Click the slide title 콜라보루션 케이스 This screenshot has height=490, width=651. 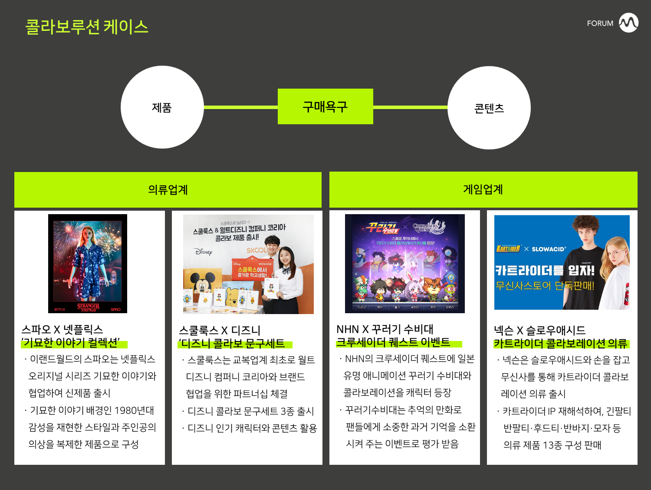(x=87, y=27)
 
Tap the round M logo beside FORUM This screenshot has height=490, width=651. (x=628, y=23)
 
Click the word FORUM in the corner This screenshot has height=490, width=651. (x=600, y=23)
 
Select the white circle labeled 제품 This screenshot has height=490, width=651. (x=162, y=107)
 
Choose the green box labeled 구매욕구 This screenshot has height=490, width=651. (x=325, y=106)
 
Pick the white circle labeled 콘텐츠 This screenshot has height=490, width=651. (x=489, y=108)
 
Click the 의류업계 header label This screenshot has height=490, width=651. (x=168, y=190)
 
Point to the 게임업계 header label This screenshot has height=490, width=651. (x=483, y=189)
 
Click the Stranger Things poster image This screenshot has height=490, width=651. (x=88, y=263)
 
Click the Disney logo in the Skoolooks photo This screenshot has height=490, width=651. (x=203, y=252)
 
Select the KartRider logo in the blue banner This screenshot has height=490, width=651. (x=508, y=248)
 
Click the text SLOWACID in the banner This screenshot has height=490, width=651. (x=549, y=249)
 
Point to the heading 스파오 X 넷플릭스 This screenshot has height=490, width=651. (x=62, y=329)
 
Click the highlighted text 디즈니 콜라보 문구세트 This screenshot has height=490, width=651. (x=233, y=344)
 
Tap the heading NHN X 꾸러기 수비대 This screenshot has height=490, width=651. (x=385, y=329)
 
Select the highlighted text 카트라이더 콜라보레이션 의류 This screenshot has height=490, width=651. (x=561, y=344)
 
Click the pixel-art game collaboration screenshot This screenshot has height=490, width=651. (x=404, y=263)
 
